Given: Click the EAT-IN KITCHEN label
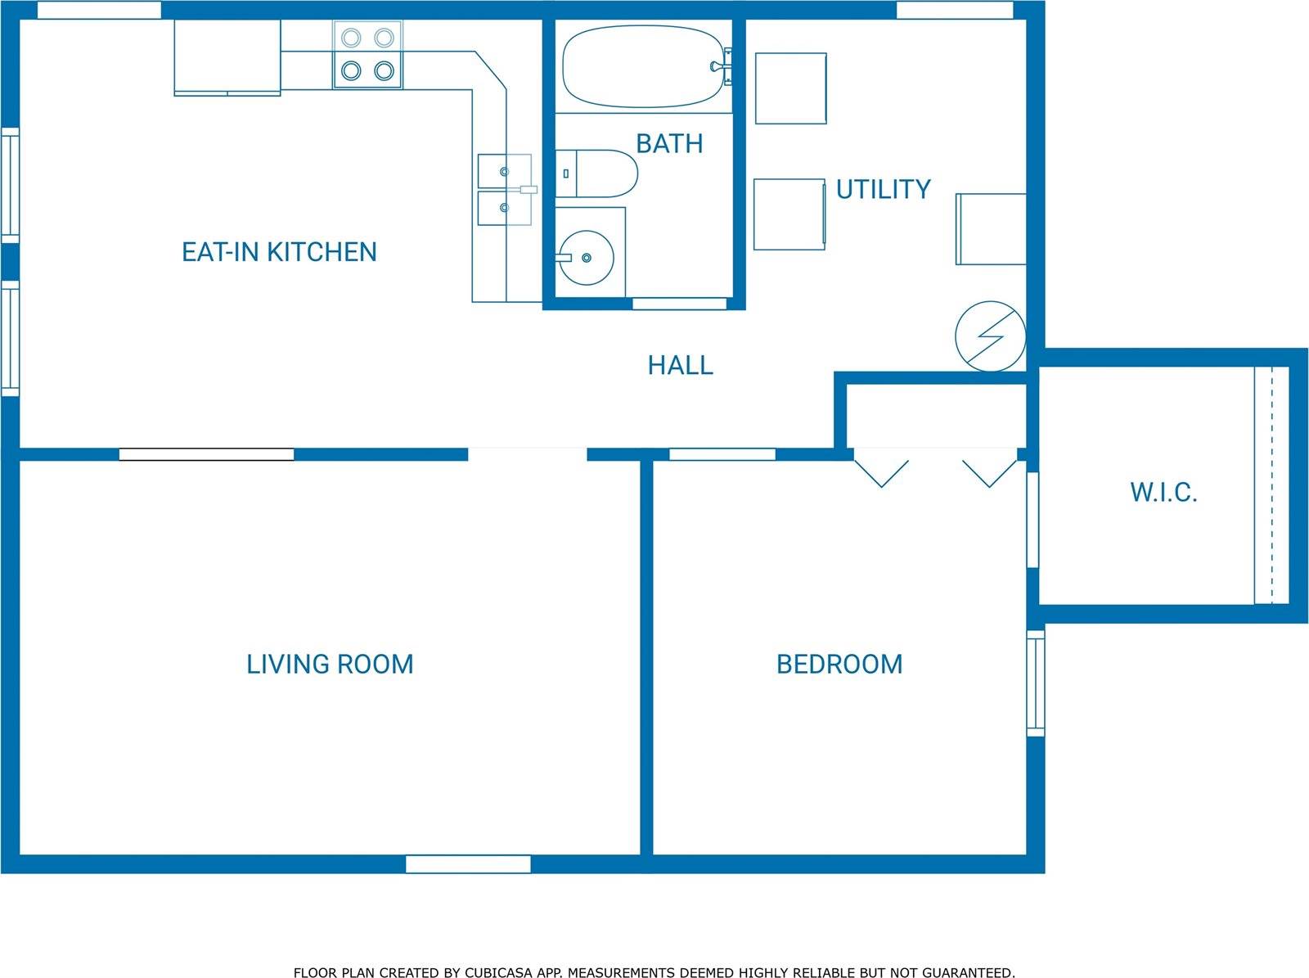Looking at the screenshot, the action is tap(279, 252).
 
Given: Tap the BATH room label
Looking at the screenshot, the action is tap(669, 144).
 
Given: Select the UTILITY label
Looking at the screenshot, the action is tap(884, 190).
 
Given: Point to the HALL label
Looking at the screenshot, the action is tap(681, 365).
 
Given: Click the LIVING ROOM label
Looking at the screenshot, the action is tap(330, 665).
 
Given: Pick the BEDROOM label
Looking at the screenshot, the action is tap(839, 665).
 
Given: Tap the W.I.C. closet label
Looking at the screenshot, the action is tap(1163, 492).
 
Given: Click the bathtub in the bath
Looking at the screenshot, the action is tap(644, 66).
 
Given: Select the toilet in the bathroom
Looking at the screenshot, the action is tap(596, 174).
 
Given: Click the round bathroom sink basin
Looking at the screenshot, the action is tap(587, 258).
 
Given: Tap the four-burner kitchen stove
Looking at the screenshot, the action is tap(367, 55).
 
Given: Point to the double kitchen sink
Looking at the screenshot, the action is tap(505, 190).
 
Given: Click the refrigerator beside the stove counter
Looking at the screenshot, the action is tap(227, 58).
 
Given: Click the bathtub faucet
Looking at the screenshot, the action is tap(722, 65).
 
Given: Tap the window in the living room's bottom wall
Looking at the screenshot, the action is tap(468, 864).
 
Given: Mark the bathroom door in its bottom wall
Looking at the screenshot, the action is tap(679, 304).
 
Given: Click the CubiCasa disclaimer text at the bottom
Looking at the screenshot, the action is tap(654, 957).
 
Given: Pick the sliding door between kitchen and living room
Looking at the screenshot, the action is tap(206, 454).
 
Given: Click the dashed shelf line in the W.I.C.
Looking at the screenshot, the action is tap(1271, 484).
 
